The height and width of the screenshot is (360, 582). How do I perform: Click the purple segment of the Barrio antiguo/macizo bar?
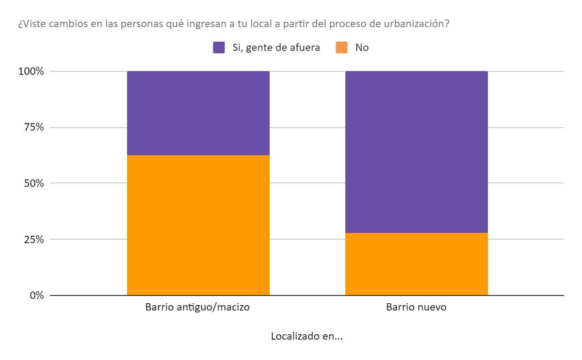[198, 113]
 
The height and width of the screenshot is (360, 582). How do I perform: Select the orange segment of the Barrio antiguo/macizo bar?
[198, 225]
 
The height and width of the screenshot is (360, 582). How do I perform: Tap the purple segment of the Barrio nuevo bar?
[416, 152]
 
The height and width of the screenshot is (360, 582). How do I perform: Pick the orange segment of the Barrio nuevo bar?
[416, 264]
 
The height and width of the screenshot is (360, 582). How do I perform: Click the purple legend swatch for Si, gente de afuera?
[219, 48]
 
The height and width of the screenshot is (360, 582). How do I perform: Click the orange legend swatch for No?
[342, 48]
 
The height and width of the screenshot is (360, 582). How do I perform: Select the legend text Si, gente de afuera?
[275, 48]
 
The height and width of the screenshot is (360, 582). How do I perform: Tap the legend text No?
[362, 48]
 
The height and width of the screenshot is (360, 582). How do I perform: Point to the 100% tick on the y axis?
[32, 71]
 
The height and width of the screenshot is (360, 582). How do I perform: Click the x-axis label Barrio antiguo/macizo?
[197, 308]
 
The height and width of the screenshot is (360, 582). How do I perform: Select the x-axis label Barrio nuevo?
[416, 308]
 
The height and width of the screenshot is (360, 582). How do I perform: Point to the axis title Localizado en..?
[307, 336]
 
